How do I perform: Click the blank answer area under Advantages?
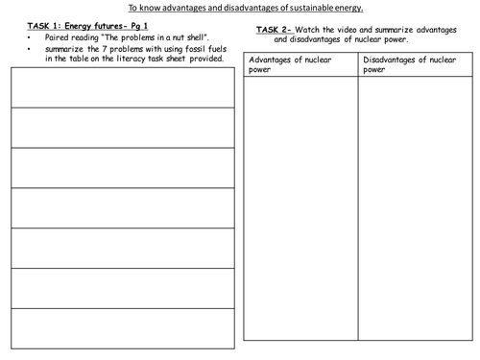click(300, 211)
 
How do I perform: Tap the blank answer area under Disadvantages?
click(415, 211)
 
